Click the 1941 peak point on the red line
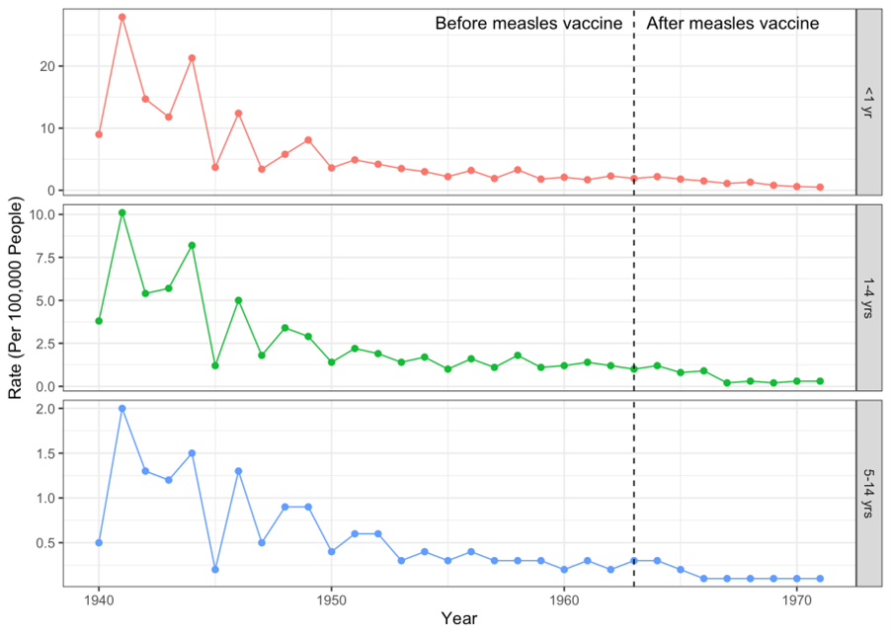click(x=121, y=17)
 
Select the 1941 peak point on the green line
click(x=121, y=212)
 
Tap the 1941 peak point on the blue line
click(x=121, y=408)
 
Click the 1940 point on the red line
click(x=99, y=134)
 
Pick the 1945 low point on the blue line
click(x=215, y=570)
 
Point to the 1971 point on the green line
click(x=820, y=381)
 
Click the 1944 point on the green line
click(x=192, y=245)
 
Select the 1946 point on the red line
click(x=238, y=113)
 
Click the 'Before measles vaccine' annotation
click(x=528, y=24)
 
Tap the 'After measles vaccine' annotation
click(x=732, y=24)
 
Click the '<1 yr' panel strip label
click(x=868, y=102)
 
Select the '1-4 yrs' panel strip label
click(x=868, y=297)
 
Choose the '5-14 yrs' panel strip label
click(x=868, y=493)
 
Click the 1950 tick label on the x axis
click(x=331, y=599)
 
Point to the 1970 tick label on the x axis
click(x=796, y=599)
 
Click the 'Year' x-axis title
click(x=459, y=619)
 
